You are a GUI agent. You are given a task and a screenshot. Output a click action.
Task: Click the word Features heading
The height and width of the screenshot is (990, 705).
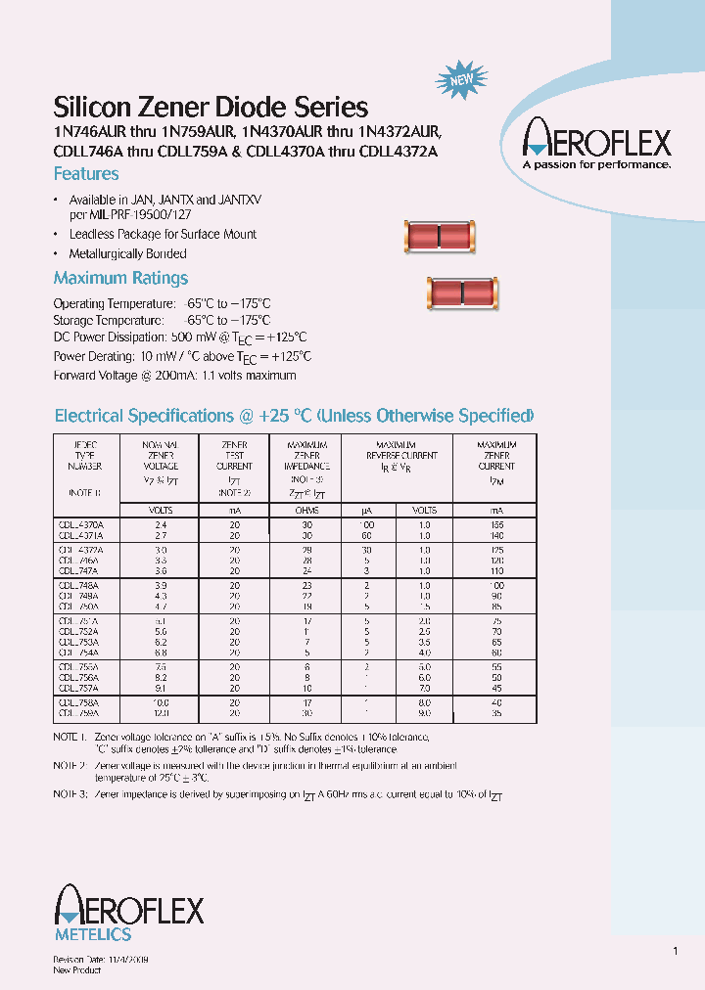pos(86,174)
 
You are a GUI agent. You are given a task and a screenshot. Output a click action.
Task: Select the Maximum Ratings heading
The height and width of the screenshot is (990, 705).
pos(120,278)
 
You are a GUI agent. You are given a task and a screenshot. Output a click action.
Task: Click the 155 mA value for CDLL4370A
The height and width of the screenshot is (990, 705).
pos(497,524)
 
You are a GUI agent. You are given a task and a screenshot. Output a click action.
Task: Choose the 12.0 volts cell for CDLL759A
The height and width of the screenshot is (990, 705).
pos(159,714)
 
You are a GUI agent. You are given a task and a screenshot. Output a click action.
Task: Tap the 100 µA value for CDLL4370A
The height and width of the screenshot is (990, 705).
pos(366,524)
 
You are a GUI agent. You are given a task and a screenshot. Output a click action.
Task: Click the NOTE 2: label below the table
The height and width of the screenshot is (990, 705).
pos(70,765)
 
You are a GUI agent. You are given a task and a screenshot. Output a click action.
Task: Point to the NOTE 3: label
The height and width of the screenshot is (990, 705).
pos(70,793)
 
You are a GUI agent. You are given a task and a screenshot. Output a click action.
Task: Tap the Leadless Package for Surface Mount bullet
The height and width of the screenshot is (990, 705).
pos(163,235)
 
